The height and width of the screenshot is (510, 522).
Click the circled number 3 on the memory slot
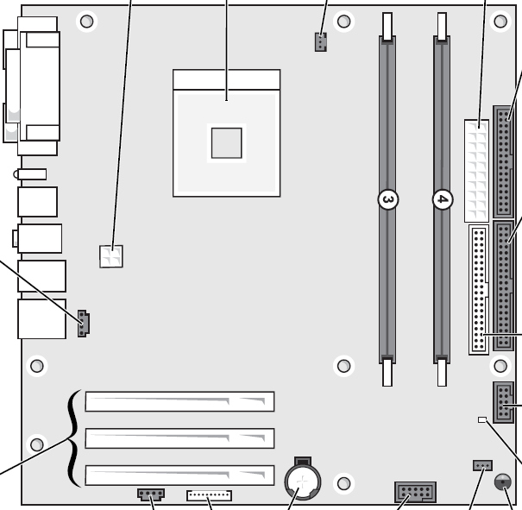point(388,200)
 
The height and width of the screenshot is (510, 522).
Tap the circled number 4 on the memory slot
point(442,200)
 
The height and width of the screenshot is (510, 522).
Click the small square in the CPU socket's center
point(226,142)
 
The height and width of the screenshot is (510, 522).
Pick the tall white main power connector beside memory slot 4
point(475,171)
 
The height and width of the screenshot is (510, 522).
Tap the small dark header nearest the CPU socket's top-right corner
point(320,41)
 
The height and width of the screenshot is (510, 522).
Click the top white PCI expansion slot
point(179,401)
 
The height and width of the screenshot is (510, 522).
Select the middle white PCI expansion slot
point(179,438)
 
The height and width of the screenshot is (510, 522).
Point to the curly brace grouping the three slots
point(73,438)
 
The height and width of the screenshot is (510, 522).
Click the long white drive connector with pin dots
point(479,289)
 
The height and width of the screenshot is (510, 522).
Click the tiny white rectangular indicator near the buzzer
point(482,420)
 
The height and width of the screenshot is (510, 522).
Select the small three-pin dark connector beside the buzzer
point(481,466)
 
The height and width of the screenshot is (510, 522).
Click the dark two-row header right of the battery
point(415,493)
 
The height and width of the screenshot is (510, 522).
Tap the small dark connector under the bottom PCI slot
point(150,495)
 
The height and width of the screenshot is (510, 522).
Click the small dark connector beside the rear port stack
point(84,323)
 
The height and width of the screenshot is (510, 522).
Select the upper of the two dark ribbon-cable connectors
point(503,161)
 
